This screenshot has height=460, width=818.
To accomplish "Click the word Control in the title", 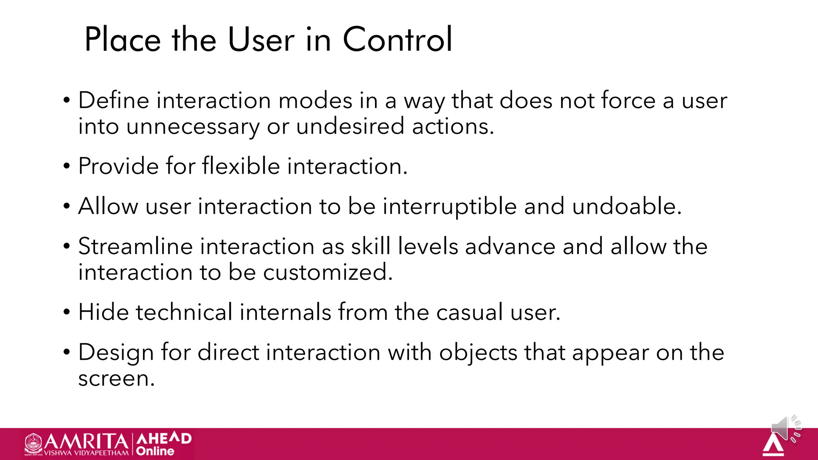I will [x=397, y=40].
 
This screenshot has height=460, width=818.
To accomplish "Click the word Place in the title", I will [x=123, y=40].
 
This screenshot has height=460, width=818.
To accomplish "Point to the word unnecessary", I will [x=193, y=127].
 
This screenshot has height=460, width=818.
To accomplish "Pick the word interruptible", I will [x=449, y=207].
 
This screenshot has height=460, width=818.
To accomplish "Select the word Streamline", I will [x=136, y=246].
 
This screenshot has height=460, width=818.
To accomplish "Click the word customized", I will [x=328, y=273].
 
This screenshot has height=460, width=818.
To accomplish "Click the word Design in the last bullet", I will [x=116, y=353].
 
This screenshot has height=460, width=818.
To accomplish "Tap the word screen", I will [x=116, y=379].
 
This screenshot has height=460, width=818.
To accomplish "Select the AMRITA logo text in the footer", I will [x=86, y=442].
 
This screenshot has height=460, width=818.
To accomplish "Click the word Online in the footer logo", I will [x=155, y=451].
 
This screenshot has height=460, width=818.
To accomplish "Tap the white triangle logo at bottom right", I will [x=773, y=445].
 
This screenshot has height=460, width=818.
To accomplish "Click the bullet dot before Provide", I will [x=67, y=166].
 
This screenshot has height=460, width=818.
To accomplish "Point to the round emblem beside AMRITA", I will [x=33, y=444].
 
